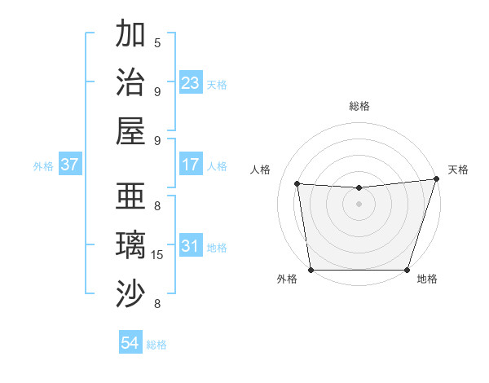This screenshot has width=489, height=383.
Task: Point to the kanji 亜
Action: [x=131, y=196]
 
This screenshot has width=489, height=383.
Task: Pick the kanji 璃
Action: [x=131, y=245]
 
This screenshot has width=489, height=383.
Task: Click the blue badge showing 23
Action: [x=191, y=83]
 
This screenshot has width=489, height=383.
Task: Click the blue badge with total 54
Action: [x=130, y=344]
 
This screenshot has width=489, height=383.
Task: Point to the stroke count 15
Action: [x=157, y=255]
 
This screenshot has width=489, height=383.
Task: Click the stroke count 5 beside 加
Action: [x=157, y=42]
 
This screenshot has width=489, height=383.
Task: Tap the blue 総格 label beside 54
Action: [x=156, y=345]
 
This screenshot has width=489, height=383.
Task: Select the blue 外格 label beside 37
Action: [x=43, y=166]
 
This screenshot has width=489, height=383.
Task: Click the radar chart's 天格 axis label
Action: [x=458, y=169]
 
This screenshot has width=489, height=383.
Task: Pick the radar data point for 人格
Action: [x=297, y=184]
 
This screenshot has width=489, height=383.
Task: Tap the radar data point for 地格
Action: [x=407, y=270]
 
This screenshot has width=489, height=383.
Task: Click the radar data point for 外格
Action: [x=311, y=270]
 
